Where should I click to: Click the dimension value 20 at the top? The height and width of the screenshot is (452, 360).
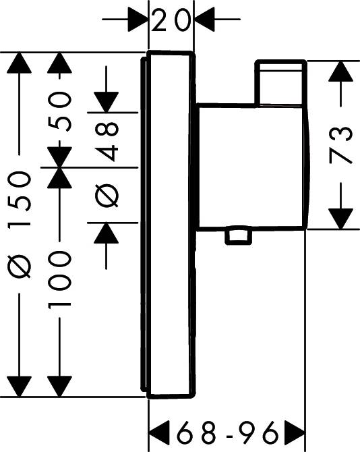coord(171,20)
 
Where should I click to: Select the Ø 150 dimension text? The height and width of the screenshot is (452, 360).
coord(20,224)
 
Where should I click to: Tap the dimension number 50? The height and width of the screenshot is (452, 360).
coord(59,111)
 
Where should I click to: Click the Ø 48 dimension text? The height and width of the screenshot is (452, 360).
coord(107,165)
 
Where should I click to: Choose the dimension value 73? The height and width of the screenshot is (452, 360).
coord(341,145)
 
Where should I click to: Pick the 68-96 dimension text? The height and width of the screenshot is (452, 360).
coord(228,432)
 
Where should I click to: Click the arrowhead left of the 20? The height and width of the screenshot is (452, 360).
coord(138,20)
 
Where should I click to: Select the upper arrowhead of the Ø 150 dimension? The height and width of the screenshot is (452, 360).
coord(20,63)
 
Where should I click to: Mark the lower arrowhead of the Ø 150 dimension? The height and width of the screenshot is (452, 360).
coord(20,387)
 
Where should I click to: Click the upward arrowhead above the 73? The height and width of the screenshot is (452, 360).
coord(341,72)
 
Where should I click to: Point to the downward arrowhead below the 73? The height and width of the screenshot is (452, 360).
coord(341,219)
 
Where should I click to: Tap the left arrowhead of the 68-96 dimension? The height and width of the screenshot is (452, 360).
coord(159,432)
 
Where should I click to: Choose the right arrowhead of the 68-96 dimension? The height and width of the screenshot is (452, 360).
coord(295,432)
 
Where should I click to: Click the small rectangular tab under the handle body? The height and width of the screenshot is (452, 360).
coord(237,236)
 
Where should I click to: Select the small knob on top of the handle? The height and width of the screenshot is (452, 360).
coord(281,82)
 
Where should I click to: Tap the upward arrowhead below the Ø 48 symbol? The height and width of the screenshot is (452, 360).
coord(107,233)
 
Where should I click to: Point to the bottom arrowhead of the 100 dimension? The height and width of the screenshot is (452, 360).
coord(59,387)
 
